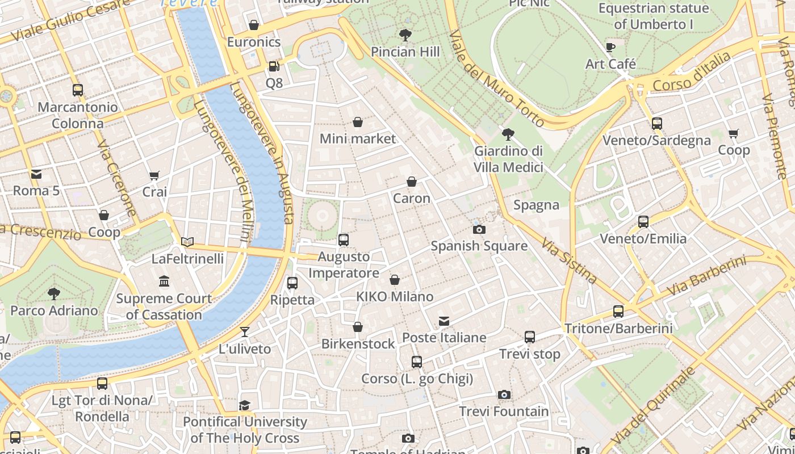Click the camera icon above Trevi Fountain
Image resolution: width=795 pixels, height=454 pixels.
click(504, 394)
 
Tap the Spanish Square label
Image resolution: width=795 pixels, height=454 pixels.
click(479, 246)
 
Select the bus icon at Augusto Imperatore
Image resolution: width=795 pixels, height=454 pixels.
click(343, 240)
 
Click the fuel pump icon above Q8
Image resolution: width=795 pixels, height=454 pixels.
click(274, 66)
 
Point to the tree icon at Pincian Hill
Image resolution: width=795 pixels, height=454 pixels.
click(405, 35)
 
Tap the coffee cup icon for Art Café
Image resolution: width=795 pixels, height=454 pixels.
click(610, 47)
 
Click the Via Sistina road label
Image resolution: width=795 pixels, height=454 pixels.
click(568, 260)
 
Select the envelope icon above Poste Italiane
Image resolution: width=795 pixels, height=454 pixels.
click(444, 322)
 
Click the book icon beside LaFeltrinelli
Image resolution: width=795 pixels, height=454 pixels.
click(187, 242)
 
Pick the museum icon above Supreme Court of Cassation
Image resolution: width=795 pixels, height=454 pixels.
click(164, 281)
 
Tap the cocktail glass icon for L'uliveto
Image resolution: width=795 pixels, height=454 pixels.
click(245, 332)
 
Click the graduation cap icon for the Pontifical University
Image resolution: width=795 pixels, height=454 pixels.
click(244, 405)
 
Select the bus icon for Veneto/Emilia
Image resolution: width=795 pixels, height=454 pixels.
click(643, 222)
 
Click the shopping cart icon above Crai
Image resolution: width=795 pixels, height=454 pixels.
click(154, 176)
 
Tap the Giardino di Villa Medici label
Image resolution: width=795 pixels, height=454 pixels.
click(508, 159)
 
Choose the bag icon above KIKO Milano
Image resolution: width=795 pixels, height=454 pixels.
click(394, 280)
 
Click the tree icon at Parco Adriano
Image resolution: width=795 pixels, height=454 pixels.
click(54, 294)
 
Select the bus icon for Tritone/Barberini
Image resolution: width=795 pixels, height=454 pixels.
click(618, 312)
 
